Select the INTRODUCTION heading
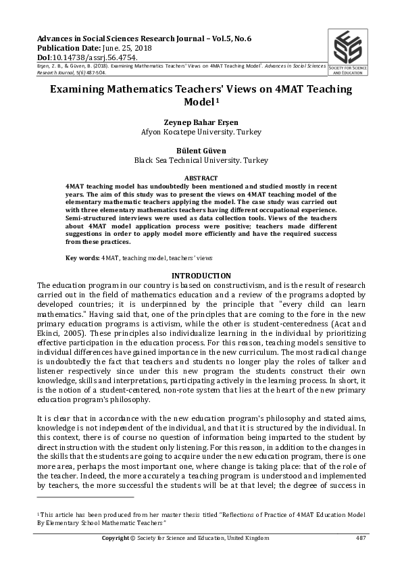[x=201, y=276]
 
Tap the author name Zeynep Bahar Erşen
[x=201, y=122]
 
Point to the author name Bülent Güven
[x=201, y=151]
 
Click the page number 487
[x=361, y=538]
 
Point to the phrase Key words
[x=82, y=258]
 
